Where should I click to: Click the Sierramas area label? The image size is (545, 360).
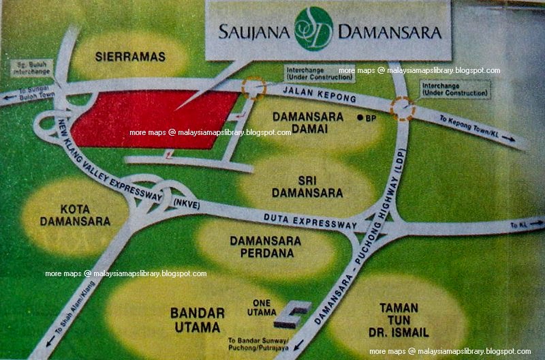pos(131,57)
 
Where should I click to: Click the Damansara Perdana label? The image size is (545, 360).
pos(263,246)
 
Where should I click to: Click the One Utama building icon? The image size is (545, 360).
pos(292,313)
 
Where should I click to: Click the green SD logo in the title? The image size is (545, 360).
pos(313,29)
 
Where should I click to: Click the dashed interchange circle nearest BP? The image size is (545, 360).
pos(403,108)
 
